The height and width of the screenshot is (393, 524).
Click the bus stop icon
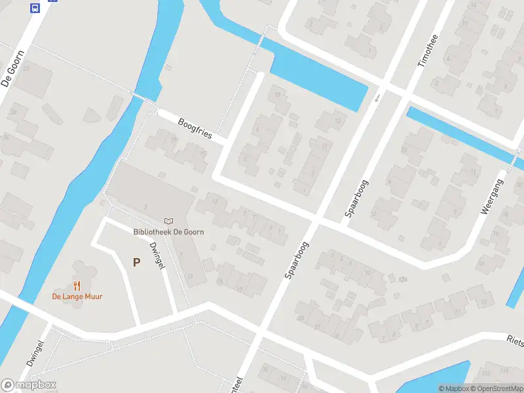coord(35,8)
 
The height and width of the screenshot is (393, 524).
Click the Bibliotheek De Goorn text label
coord(168,232)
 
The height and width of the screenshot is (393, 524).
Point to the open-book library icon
coord(168,221)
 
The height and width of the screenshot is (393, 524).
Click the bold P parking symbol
coord(136,263)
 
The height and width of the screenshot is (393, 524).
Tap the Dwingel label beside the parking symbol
coord(157,255)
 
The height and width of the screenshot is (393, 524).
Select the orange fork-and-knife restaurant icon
coord(77,286)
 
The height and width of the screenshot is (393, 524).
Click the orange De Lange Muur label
coord(77,296)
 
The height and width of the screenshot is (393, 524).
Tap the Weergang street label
coord(494,196)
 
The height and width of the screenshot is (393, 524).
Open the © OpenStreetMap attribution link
coord(496,388)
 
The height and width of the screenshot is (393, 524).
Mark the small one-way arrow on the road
coord(377,98)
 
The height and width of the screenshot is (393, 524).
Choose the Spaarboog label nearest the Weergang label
coord(357,198)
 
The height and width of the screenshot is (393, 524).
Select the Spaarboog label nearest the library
coord(297,260)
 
